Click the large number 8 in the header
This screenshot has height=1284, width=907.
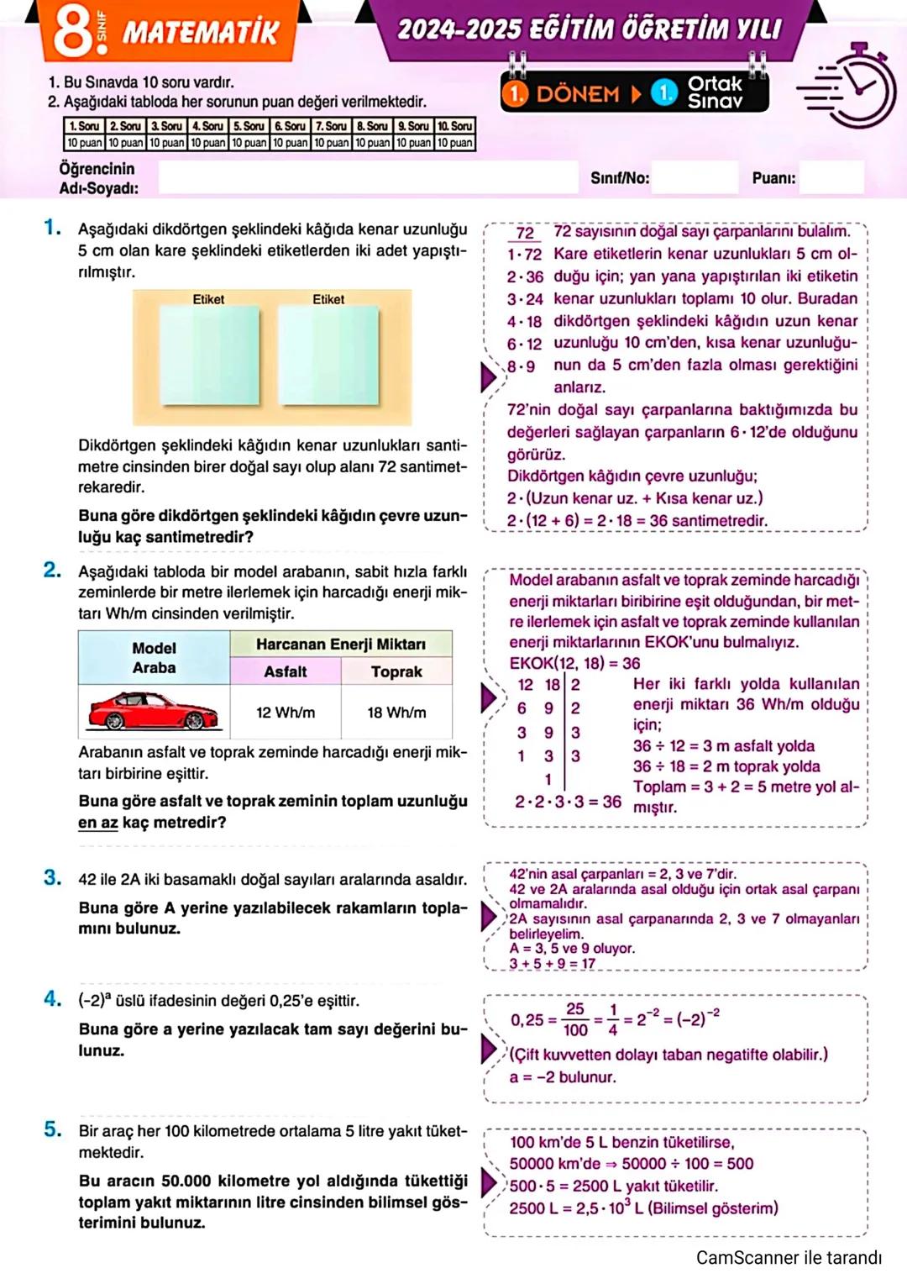pos(74,30)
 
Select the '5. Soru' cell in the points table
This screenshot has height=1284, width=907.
pos(249,126)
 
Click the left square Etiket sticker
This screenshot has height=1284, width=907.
pos(209,355)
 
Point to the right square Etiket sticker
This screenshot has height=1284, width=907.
pos(328,355)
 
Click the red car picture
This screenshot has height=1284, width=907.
pos(154,711)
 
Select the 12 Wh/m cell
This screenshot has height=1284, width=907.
pos(286,713)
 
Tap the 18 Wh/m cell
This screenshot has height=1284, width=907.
pos(396,713)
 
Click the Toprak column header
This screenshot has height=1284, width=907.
pos(396,671)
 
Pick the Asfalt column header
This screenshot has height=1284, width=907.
pos(286,671)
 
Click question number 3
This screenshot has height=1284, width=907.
pos(52,878)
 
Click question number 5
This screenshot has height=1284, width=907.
pos(52,1129)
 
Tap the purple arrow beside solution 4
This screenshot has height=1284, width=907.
pos(489,1049)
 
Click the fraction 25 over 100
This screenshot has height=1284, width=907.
pos(575,1019)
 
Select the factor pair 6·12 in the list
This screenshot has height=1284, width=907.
pos(524,344)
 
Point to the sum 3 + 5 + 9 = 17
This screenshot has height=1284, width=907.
pos(552,963)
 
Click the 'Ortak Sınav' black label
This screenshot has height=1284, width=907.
pos(715,92)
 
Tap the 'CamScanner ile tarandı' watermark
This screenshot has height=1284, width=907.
pos(789,1258)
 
